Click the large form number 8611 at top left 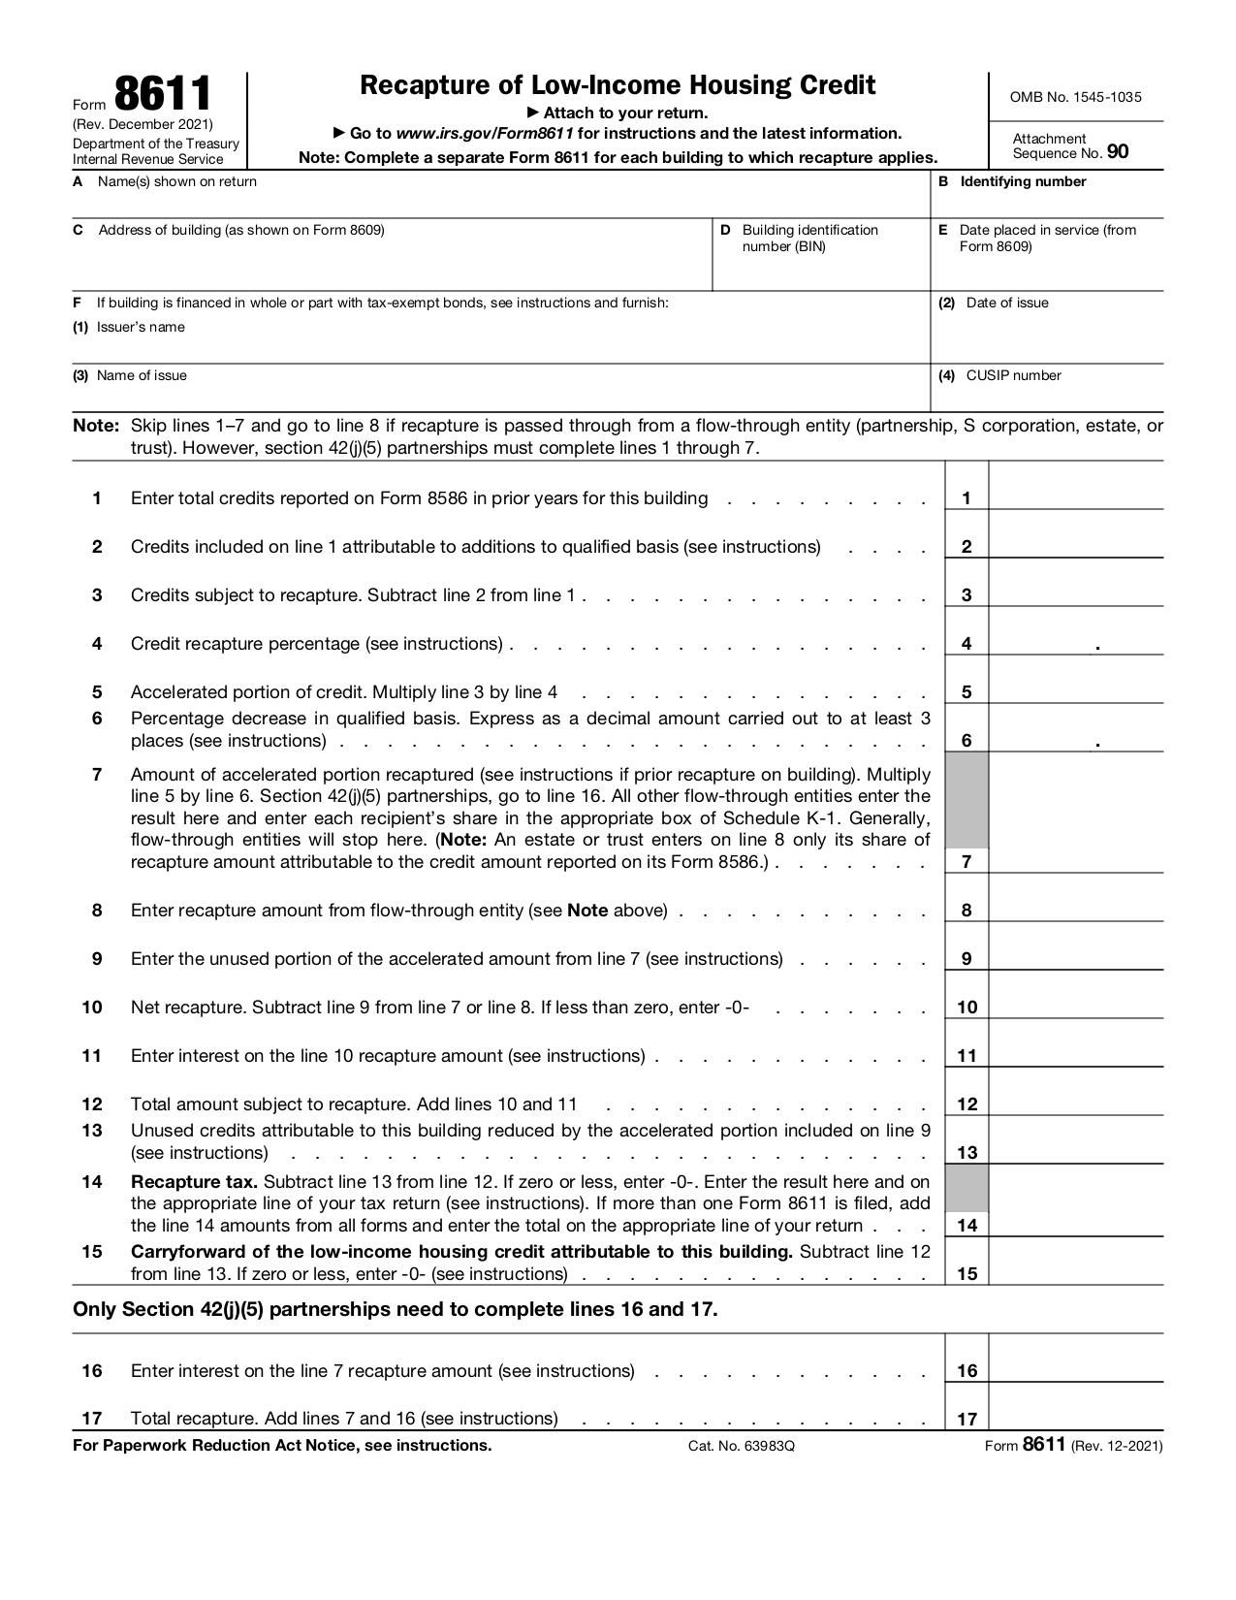pyautogui.click(x=162, y=95)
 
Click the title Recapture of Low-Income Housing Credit pyautogui.click(x=618, y=85)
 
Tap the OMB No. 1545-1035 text pyautogui.click(x=1075, y=97)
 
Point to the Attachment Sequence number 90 pyautogui.click(x=1118, y=151)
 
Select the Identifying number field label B pyautogui.click(x=1023, y=181)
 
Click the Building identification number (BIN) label pyautogui.click(x=809, y=238)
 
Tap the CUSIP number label pyautogui.click(x=1013, y=375)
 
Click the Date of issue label pyautogui.click(x=1006, y=303)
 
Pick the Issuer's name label pyautogui.click(x=141, y=327)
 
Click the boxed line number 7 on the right pyautogui.click(x=967, y=861)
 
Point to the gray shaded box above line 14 pyautogui.click(x=967, y=1188)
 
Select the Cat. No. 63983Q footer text pyautogui.click(x=741, y=1446)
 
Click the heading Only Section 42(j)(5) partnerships pyautogui.click(x=395, y=1309)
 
